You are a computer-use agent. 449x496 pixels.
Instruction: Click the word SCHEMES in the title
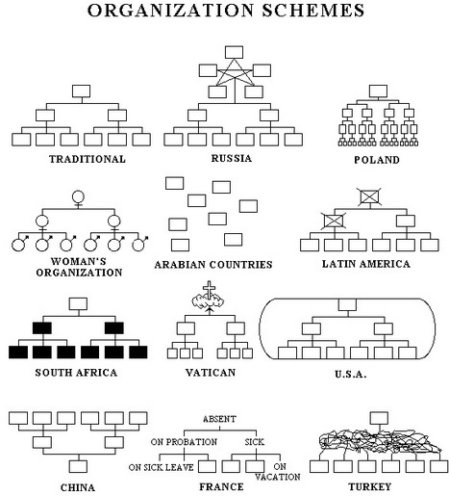click(313, 10)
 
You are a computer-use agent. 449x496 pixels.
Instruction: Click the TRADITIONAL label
click(87, 159)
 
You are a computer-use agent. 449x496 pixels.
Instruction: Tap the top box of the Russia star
click(234, 52)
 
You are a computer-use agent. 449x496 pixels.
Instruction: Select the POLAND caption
click(377, 160)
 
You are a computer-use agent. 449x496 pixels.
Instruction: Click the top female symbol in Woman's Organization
click(78, 197)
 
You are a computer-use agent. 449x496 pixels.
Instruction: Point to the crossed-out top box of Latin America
click(370, 196)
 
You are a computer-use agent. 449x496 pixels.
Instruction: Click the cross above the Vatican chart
click(209, 290)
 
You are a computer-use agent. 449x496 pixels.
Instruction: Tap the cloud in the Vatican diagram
click(208, 301)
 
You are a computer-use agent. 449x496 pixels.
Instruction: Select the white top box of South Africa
click(78, 303)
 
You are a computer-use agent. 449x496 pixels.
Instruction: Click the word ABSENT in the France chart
click(219, 419)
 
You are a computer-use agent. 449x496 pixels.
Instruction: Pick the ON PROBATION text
click(184, 442)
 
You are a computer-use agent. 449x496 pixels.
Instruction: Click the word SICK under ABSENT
click(255, 442)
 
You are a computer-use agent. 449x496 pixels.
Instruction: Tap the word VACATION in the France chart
click(278, 477)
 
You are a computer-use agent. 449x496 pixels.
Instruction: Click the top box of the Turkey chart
click(379, 418)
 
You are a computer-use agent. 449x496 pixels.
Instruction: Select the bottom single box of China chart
click(78, 466)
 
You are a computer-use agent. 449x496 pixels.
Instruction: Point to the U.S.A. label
click(350, 375)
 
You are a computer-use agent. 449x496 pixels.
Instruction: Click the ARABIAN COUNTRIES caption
click(213, 265)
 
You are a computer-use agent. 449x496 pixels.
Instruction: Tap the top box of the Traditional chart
click(81, 91)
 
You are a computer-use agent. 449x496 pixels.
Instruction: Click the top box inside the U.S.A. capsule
click(347, 304)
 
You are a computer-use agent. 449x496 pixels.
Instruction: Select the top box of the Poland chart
click(378, 91)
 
